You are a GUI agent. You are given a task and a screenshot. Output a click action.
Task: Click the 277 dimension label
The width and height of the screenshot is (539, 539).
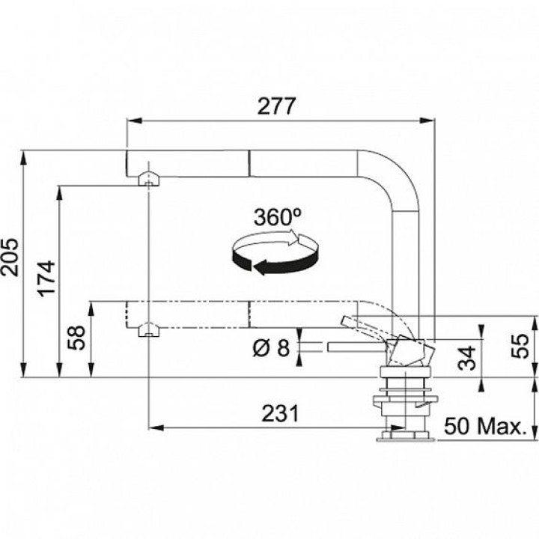click(276, 106)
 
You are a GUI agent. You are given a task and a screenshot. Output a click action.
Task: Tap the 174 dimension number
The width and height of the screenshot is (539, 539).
click(46, 278)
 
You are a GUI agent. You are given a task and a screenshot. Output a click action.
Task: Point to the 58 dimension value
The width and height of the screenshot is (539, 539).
click(76, 341)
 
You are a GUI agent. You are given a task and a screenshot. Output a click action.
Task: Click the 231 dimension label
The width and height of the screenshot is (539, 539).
click(280, 413)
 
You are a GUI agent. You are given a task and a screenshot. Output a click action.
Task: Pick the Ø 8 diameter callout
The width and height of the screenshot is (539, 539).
click(270, 347)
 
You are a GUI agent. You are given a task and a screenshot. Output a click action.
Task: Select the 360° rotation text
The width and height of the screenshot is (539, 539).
click(277, 217)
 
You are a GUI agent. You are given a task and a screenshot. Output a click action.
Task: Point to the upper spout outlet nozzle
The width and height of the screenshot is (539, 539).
click(147, 179)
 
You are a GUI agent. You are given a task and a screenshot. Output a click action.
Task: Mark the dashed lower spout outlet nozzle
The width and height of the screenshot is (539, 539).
click(147, 328)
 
